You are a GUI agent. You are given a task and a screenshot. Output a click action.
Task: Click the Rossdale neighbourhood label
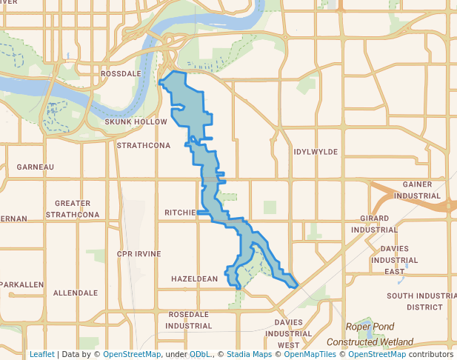[121, 74]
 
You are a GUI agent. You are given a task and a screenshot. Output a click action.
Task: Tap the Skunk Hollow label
[136, 121]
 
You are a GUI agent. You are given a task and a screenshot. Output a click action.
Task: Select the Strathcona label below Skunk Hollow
[144, 145]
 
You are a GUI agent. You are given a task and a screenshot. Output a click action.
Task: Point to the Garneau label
[36, 167]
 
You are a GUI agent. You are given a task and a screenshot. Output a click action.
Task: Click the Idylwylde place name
[316, 151]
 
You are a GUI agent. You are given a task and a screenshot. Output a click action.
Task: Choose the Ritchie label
[180, 213]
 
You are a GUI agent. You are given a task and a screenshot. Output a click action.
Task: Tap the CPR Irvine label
[139, 253]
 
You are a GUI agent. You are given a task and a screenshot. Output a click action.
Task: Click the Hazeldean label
[194, 279]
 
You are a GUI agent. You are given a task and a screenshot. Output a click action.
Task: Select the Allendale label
[76, 293]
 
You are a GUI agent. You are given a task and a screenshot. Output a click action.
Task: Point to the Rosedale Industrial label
[189, 320]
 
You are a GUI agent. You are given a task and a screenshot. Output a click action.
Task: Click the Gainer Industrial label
[418, 190]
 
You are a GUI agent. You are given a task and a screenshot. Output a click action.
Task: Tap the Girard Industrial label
[379, 224]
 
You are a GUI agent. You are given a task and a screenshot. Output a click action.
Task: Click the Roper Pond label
[370, 327]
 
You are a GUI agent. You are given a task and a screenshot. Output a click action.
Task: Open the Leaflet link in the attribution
[42, 354]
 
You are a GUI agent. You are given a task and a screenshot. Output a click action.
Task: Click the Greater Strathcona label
[73, 209]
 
